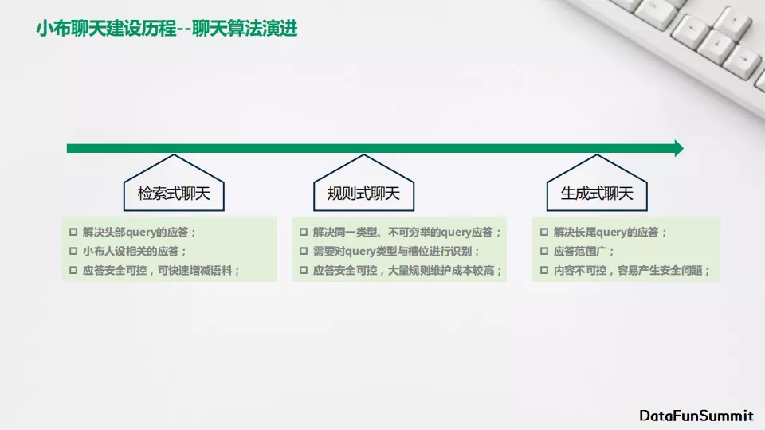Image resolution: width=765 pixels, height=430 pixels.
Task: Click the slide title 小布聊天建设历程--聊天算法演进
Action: (167, 29)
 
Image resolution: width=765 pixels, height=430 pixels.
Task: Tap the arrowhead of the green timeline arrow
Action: (679, 148)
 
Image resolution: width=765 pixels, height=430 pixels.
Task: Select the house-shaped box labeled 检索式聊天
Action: (174, 183)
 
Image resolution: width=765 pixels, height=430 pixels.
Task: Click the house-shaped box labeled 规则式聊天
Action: (363, 183)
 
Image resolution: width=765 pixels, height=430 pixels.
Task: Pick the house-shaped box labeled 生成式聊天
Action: (597, 183)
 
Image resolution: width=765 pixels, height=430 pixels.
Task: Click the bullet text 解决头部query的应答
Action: (139, 232)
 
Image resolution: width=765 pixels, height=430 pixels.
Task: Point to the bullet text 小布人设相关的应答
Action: (135, 251)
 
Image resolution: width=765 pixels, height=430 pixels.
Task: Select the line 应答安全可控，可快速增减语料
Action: (161, 270)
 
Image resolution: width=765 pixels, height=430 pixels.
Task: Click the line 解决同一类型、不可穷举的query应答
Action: (407, 232)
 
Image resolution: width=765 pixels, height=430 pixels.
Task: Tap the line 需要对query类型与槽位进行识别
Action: (396, 251)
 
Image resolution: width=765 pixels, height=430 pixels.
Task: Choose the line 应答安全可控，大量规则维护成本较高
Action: (407, 270)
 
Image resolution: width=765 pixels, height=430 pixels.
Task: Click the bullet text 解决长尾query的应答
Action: (610, 232)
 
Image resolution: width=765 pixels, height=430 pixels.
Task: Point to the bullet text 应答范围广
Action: (583, 251)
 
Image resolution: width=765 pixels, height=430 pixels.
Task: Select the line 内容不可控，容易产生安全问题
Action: (631, 270)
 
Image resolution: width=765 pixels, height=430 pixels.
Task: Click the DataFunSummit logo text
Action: (696, 416)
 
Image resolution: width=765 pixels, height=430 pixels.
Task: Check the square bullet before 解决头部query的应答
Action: (73, 232)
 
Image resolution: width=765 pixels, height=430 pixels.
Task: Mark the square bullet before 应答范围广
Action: (544, 251)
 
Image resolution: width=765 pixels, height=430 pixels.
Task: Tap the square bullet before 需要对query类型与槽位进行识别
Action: (304, 251)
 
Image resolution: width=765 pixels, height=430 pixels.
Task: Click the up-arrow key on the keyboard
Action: (733, 22)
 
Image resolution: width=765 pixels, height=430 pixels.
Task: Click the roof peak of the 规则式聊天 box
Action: (363, 155)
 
